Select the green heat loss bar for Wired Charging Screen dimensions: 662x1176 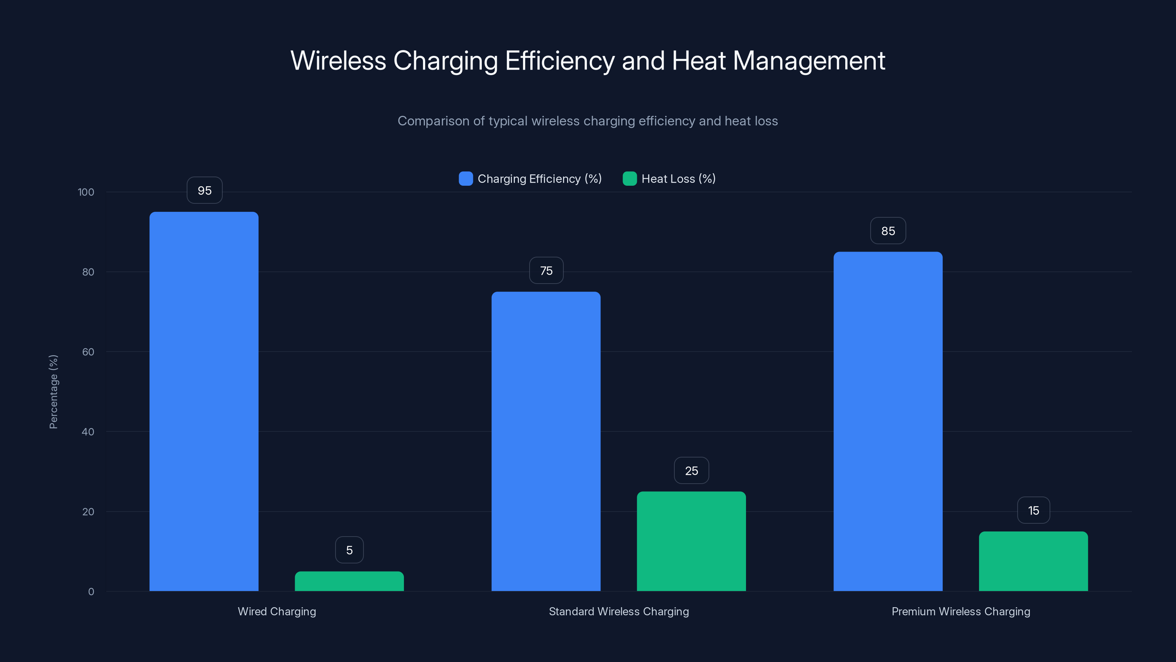349,581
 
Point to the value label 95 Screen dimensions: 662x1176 205,191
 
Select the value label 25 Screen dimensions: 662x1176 691,471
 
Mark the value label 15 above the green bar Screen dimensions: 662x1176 1033,510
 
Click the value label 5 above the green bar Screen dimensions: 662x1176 349,550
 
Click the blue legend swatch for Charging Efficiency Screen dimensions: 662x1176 466,179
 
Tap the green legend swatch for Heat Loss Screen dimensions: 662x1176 630,179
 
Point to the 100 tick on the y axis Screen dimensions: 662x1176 86,192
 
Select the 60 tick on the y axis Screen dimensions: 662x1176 88,352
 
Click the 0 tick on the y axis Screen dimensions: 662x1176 91,592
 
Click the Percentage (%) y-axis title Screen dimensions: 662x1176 53,392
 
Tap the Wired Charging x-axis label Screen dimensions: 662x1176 277,611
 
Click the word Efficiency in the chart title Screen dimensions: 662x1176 560,61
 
